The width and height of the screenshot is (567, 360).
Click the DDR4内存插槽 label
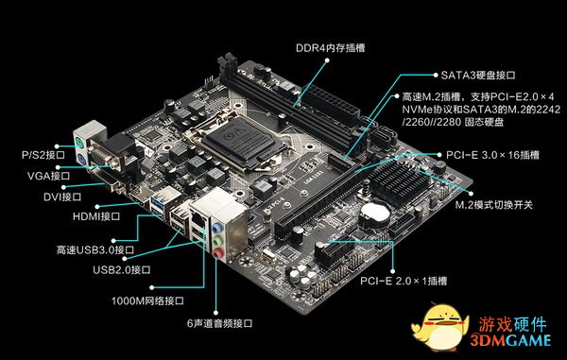(x=330, y=48)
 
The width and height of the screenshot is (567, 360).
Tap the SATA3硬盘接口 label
(x=478, y=76)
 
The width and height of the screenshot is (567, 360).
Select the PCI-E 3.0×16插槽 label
(x=492, y=155)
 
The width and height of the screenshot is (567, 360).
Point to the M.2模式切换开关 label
(x=493, y=205)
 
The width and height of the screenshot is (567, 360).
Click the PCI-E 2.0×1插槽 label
(x=404, y=281)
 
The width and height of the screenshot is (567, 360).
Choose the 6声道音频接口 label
(x=219, y=323)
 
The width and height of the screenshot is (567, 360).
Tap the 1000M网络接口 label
(x=147, y=300)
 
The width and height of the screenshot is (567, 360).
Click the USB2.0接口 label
(x=122, y=270)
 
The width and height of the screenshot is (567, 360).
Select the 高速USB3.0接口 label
(x=95, y=249)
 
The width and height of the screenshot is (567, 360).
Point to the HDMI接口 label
(x=96, y=216)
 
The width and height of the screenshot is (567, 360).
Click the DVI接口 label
(x=62, y=197)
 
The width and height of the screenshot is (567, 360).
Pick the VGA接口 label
(x=48, y=176)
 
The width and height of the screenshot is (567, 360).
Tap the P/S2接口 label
(x=43, y=155)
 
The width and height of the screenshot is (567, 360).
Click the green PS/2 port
(x=79, y=144)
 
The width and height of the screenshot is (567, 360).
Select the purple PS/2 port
(x=81, y=160)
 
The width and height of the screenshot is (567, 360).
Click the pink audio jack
(x=217, y=254)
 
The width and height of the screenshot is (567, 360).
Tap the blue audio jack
(x=216, y=228)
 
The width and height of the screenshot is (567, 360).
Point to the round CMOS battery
(x=375, y=214)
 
